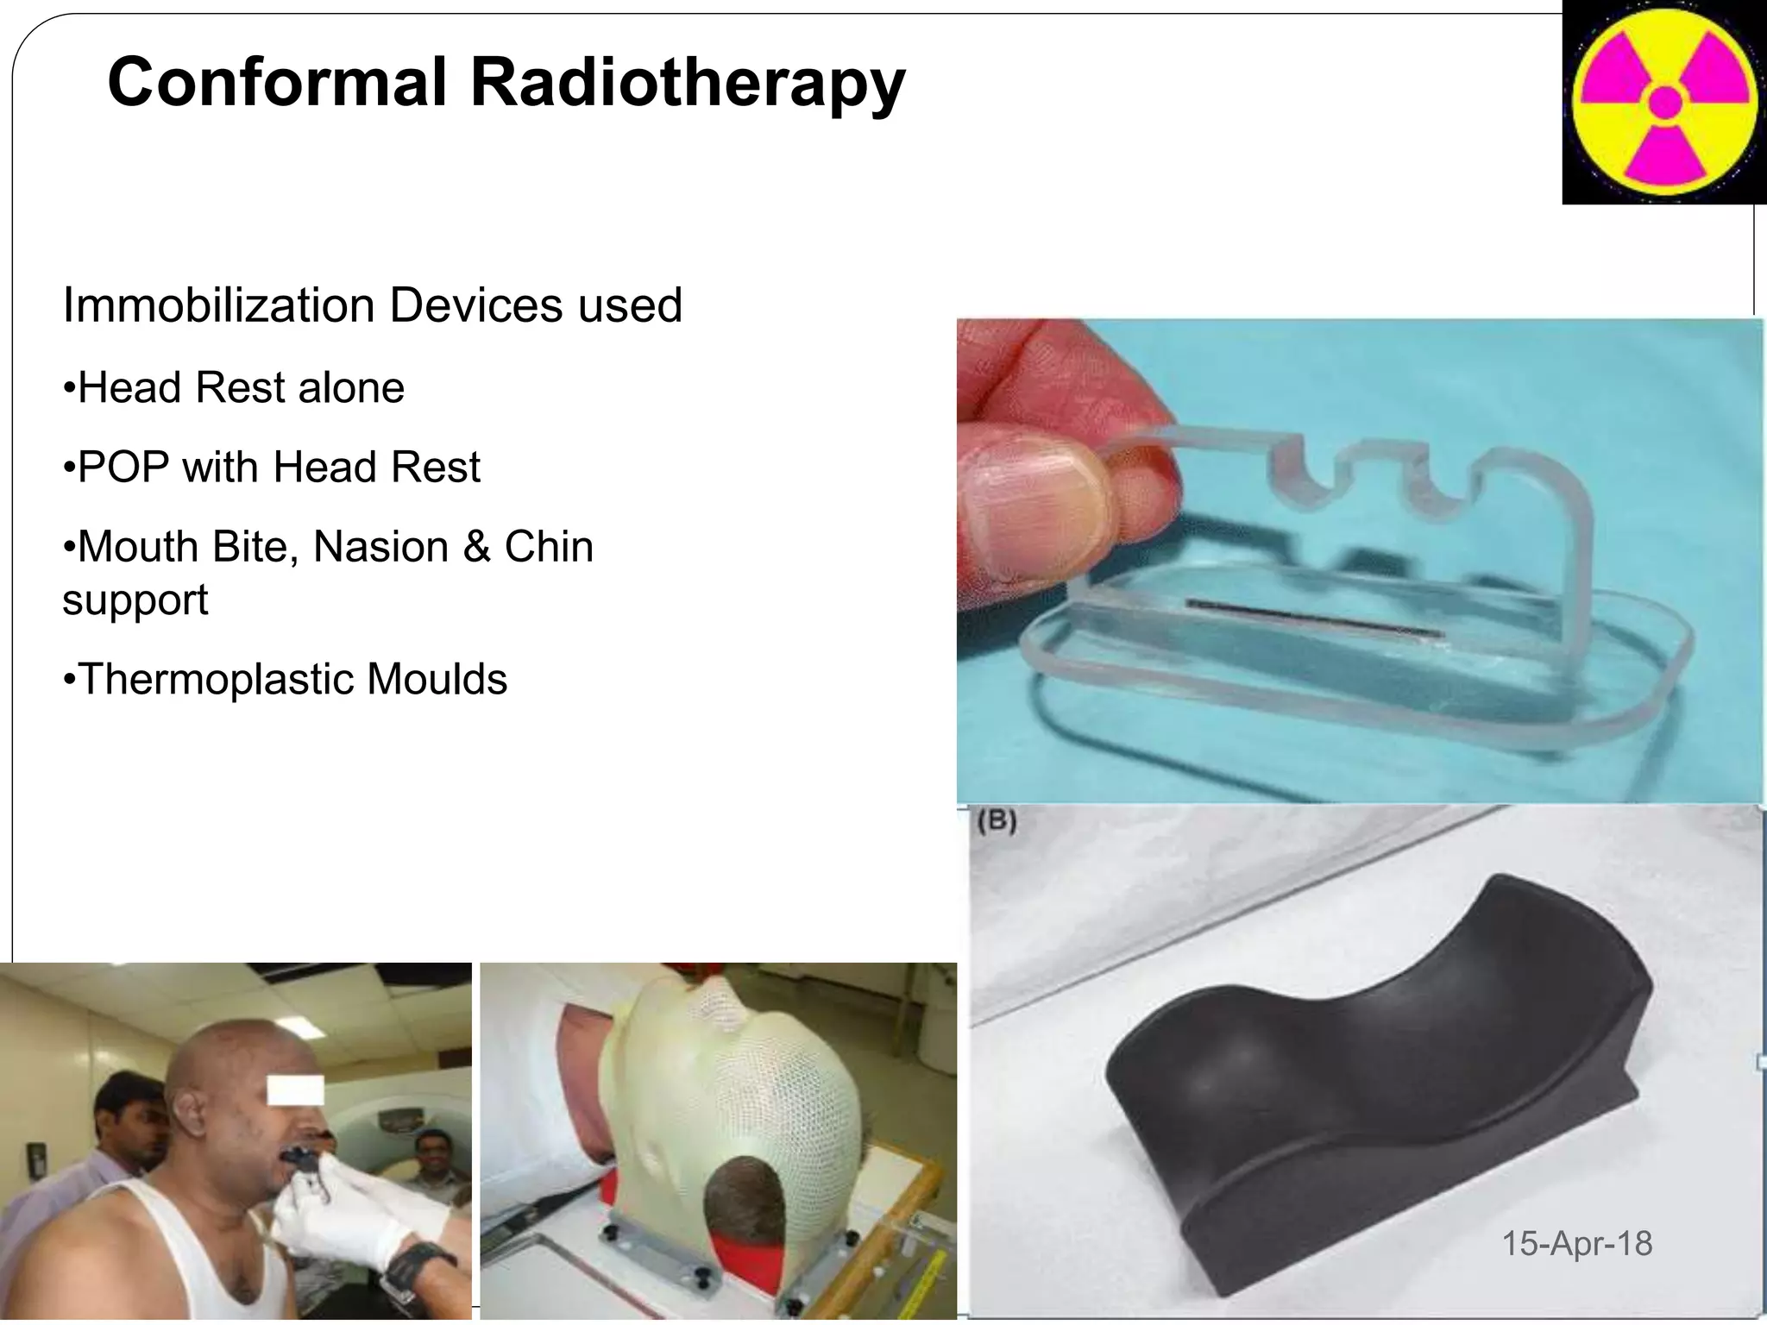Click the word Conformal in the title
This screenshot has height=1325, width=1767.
277,82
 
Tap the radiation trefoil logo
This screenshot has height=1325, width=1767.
1664,102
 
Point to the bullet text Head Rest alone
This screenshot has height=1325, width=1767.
241,387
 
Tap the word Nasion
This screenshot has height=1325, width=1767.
379,547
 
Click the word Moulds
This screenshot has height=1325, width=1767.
437,679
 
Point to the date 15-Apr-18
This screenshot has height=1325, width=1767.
1577,1243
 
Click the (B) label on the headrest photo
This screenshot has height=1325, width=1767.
997,819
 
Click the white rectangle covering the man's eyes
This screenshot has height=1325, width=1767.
295,1090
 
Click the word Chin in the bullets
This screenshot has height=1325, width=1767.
549,547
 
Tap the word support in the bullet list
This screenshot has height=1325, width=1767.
135,600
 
